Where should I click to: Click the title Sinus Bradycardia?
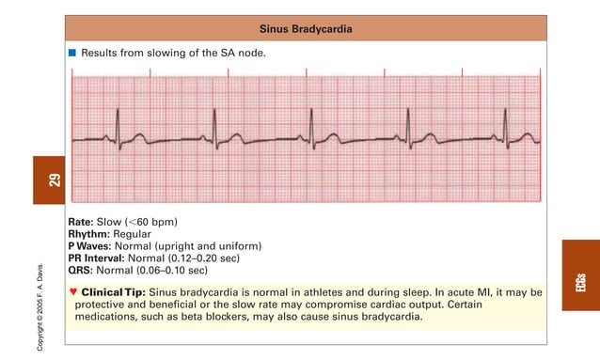pos(307,29)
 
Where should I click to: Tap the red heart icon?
pos(73,291)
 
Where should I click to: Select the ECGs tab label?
pos(581,281)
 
